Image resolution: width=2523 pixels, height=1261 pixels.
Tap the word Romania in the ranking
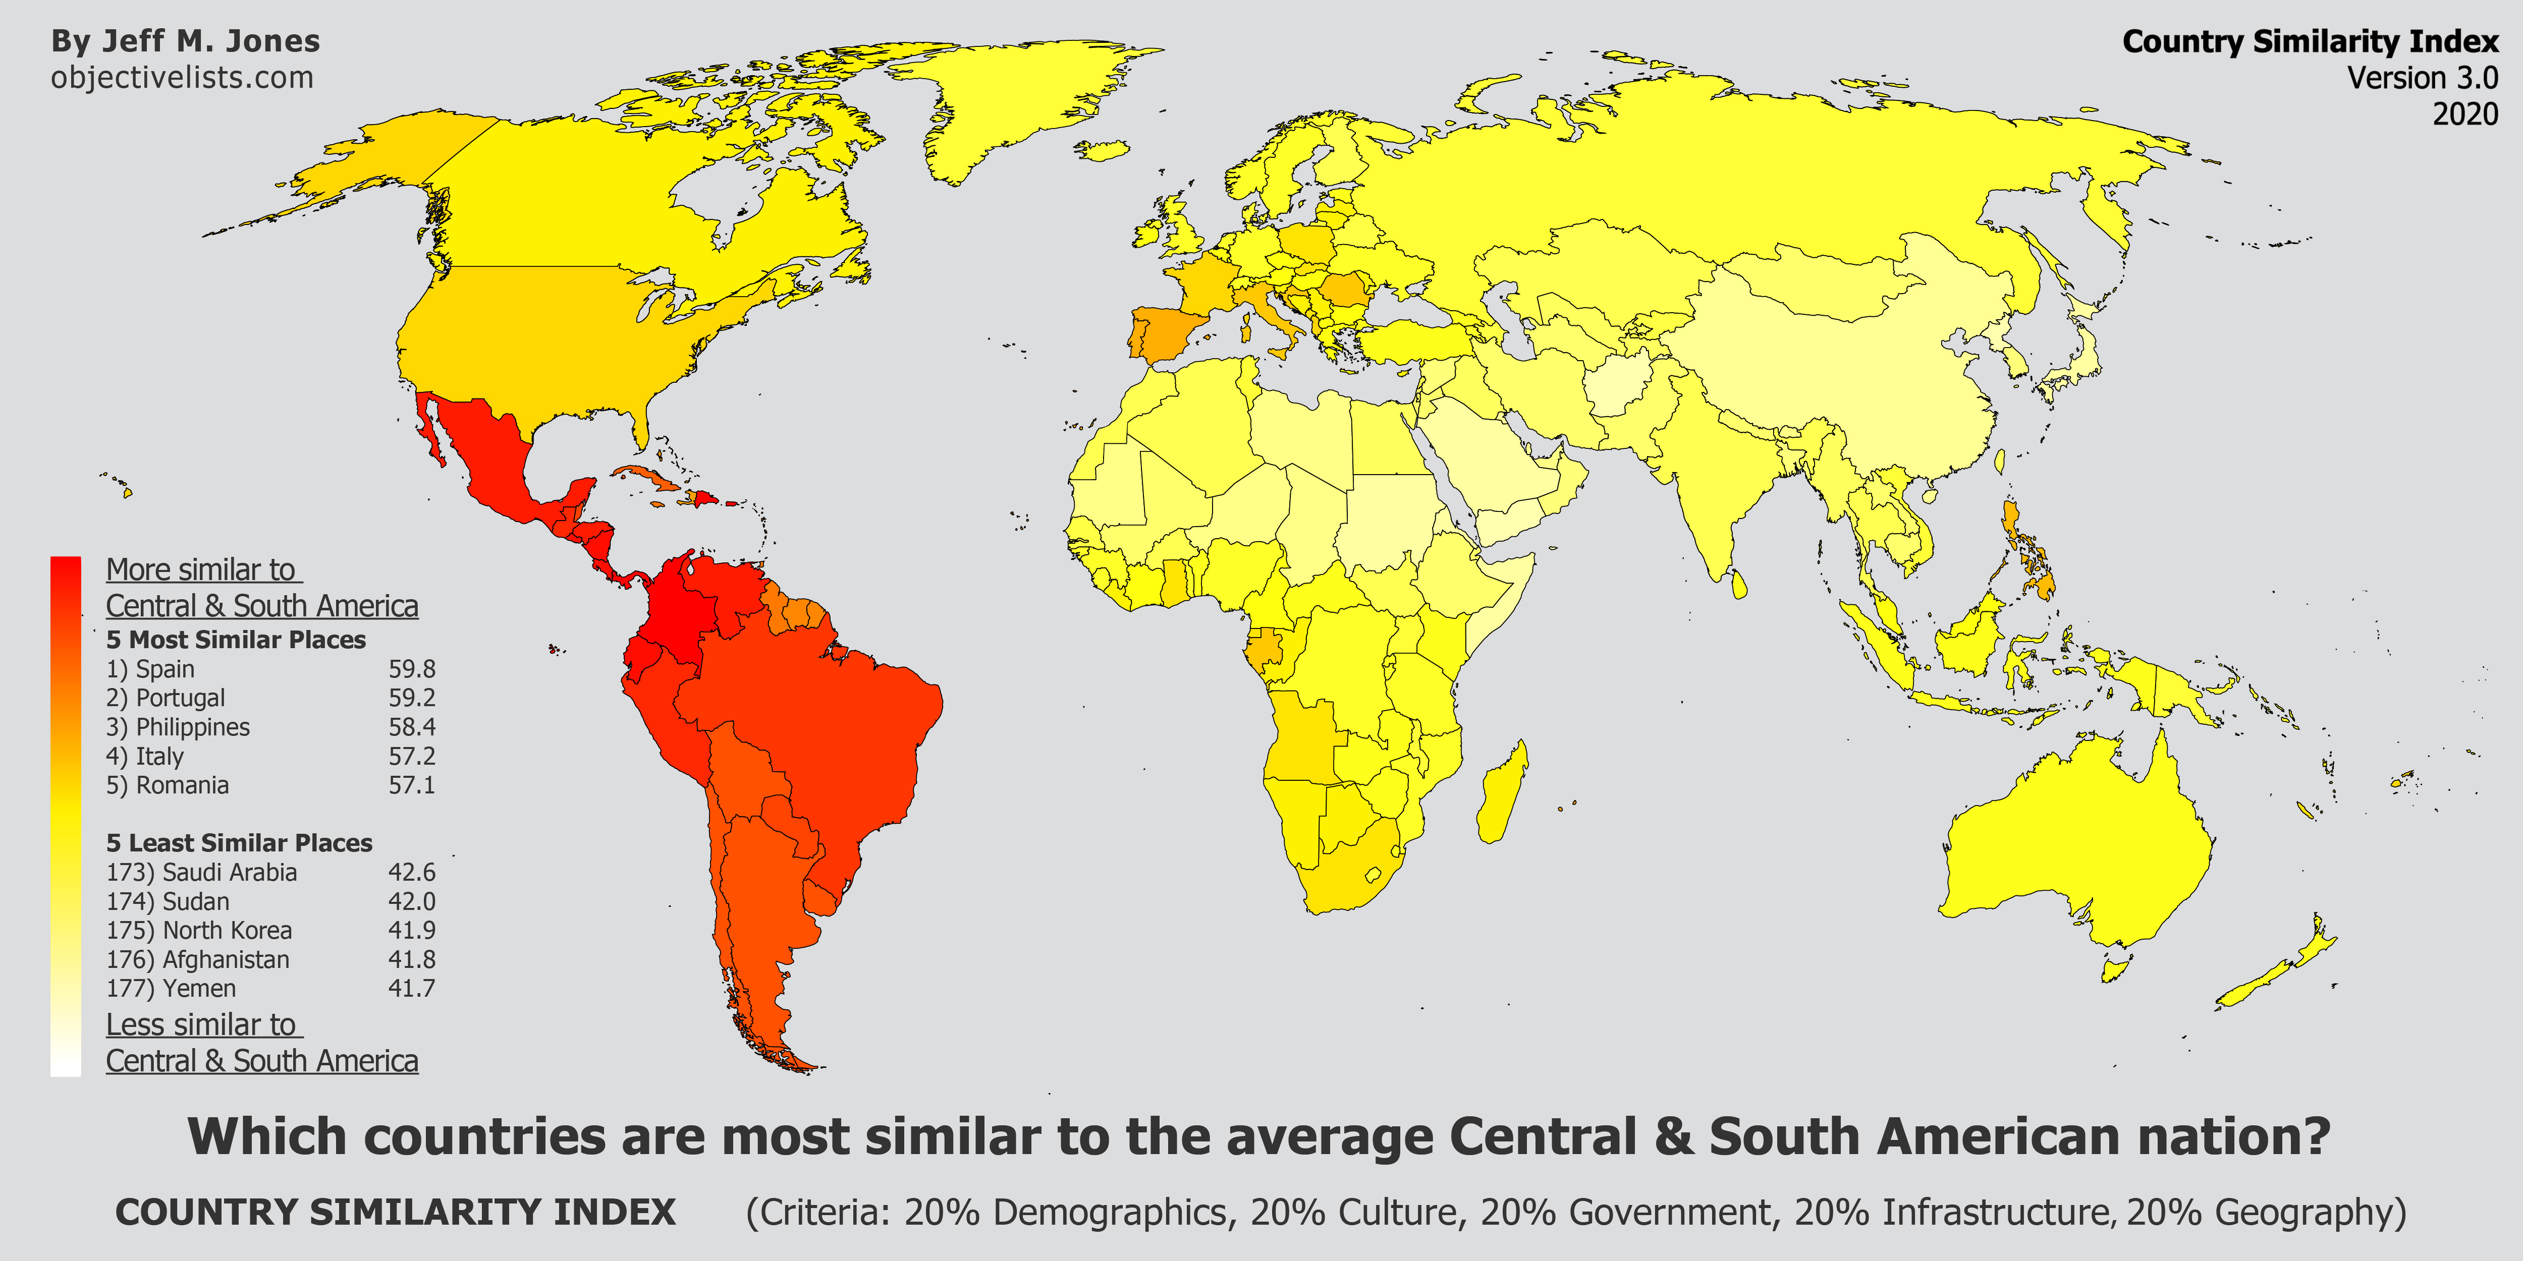[182, 785]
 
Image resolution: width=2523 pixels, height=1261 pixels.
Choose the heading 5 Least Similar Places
[239, 843]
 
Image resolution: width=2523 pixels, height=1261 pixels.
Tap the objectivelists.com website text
[182, 77]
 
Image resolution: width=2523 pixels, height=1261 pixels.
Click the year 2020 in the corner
[2464, 113]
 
